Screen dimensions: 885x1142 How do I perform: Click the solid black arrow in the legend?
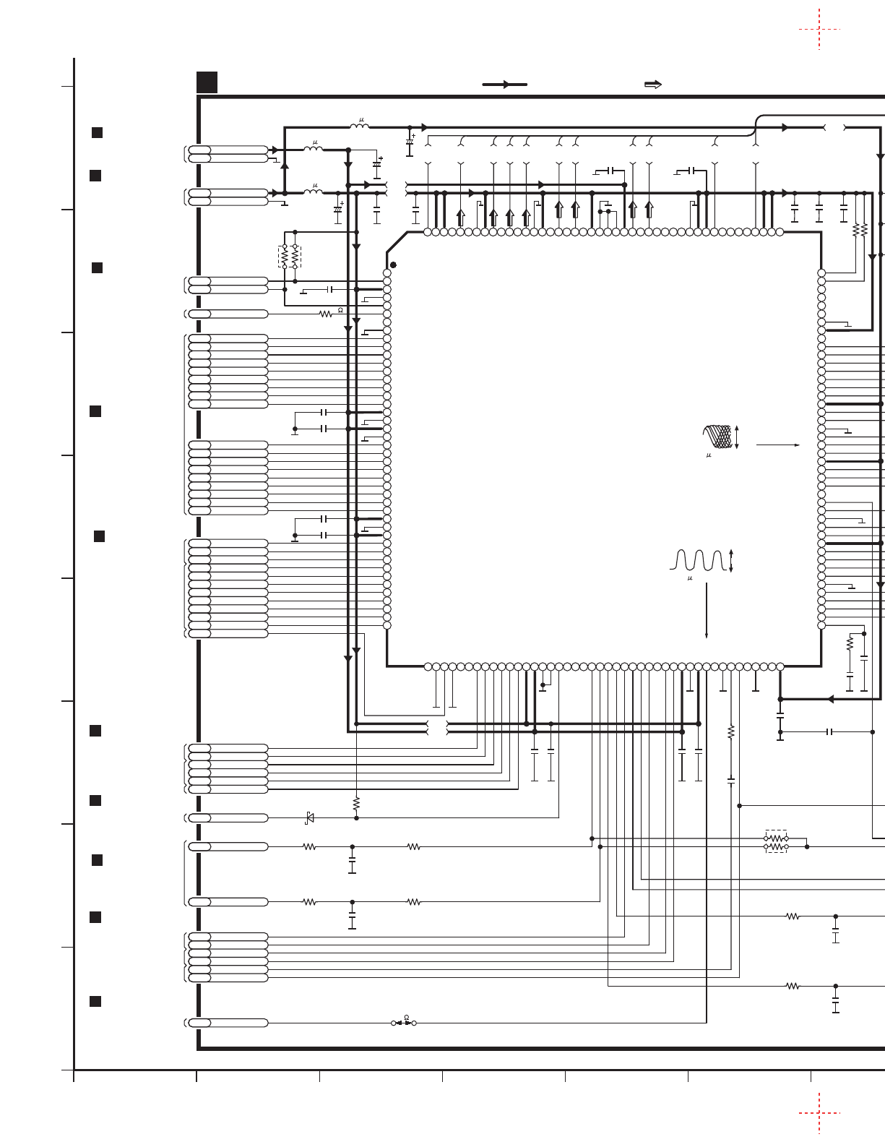coord(504,85)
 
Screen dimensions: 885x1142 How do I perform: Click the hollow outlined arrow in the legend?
coord(652,85)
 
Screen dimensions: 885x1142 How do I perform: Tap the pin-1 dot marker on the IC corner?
coord(393,265)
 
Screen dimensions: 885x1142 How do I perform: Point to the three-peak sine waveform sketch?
coord(698,560)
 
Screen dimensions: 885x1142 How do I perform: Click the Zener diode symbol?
coord(310,817)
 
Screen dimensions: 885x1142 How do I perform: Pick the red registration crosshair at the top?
coord(819,30)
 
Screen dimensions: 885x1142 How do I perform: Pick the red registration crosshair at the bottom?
coord(819,1113)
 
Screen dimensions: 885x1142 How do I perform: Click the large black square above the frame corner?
coord(207,82)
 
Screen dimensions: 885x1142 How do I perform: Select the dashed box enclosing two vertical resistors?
coord(290,257)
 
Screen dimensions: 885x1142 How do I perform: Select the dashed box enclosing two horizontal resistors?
coord(776,842)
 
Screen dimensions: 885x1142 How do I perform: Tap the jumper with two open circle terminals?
coord(404,1023)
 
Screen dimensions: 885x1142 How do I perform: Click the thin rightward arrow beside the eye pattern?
coord(777,445)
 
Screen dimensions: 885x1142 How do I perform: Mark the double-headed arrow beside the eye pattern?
coord(737,437)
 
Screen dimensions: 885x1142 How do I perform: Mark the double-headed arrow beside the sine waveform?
coord(731,561)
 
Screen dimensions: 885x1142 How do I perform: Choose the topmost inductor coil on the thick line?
coord(359,127)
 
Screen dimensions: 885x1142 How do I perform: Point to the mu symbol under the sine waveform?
coord(689,578)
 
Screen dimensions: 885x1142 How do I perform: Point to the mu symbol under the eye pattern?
coord(709,455)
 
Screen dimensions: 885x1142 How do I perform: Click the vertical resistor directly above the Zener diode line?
coord(356,803)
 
